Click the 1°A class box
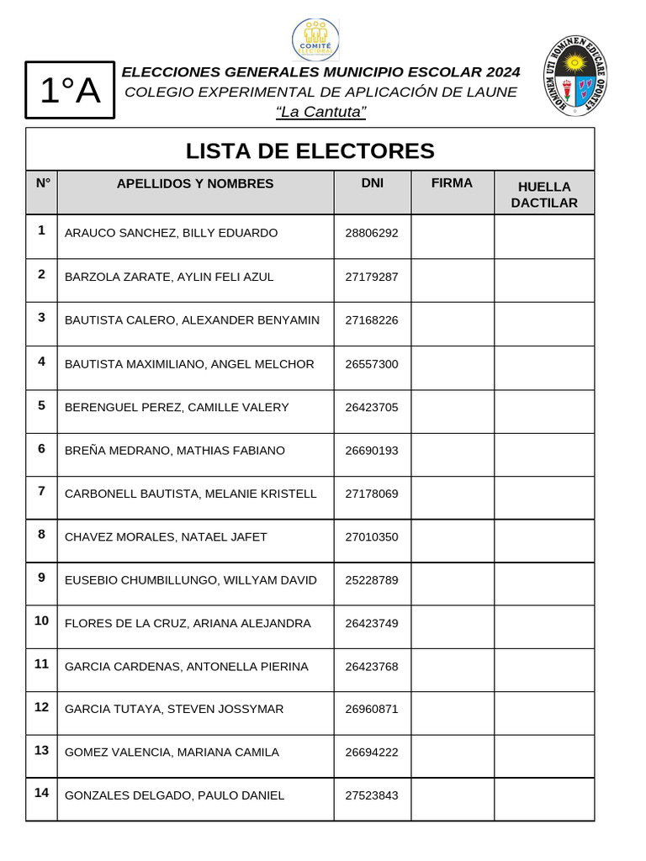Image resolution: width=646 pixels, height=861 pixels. coord(70,92)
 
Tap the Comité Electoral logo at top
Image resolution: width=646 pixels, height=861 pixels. coord(316,40)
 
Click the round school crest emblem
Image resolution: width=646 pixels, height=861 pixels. coord(576,75)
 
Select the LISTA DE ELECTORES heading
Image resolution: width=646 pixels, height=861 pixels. coord(310,151)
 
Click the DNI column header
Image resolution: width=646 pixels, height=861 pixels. coord(372,183)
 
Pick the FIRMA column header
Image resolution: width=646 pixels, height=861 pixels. coord(452,183)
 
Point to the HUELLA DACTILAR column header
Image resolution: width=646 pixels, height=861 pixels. coord(544,194)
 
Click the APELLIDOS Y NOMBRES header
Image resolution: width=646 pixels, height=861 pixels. coord(195,183)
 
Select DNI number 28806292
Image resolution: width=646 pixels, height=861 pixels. coord(372,233)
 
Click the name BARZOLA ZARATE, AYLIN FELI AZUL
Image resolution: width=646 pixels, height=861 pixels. coord(169,277)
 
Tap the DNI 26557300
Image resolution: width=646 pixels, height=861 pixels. coord(372,364)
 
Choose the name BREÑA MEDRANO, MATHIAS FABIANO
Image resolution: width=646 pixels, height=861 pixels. coord(175,451)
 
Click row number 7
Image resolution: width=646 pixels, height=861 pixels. coord(41,490)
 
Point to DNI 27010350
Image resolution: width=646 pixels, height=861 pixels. coord(372,537)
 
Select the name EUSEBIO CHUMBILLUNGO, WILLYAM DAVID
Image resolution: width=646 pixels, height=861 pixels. coord(191,580)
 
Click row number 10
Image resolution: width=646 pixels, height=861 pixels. coord(41,621)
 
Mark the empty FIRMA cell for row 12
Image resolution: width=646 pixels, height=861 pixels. coord(452,712)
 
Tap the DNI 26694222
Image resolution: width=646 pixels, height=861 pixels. coord(372,753)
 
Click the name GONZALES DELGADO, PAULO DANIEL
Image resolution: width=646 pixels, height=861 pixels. coord(175,795)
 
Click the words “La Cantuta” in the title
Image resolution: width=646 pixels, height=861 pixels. coord(321,112)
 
